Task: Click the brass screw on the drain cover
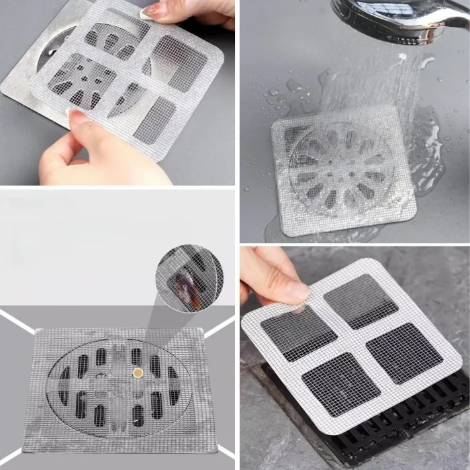(139, 372)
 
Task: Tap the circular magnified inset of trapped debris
(189, 277)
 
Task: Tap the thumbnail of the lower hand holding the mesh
(79, 119)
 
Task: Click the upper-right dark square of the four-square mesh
(361, 300)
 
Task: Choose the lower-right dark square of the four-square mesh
(404, 353)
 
